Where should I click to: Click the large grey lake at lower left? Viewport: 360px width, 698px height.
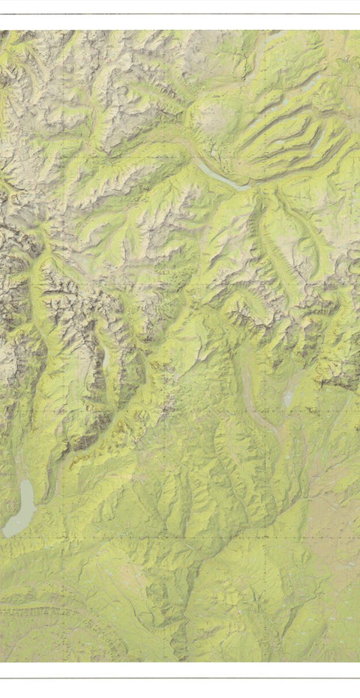[x=21, y=510]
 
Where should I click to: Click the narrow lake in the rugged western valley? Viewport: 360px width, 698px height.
[x=105, y=360]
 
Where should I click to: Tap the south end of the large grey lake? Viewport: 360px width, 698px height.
[x=7, y=534]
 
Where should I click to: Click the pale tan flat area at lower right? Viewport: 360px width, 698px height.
[x=330, y=525]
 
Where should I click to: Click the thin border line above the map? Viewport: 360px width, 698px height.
[x=180, y=14]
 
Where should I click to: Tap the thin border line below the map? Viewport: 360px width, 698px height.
[x=180, y=678]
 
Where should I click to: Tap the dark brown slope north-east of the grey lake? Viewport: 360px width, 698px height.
[x=75, y=442]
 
